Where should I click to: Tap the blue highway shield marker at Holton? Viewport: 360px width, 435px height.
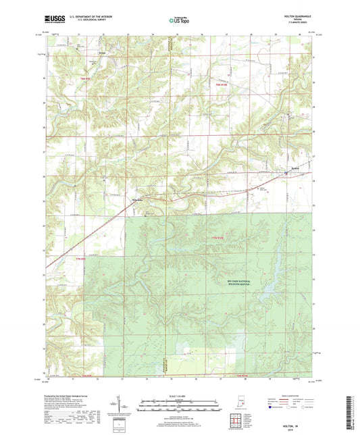tap(286, 173)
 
